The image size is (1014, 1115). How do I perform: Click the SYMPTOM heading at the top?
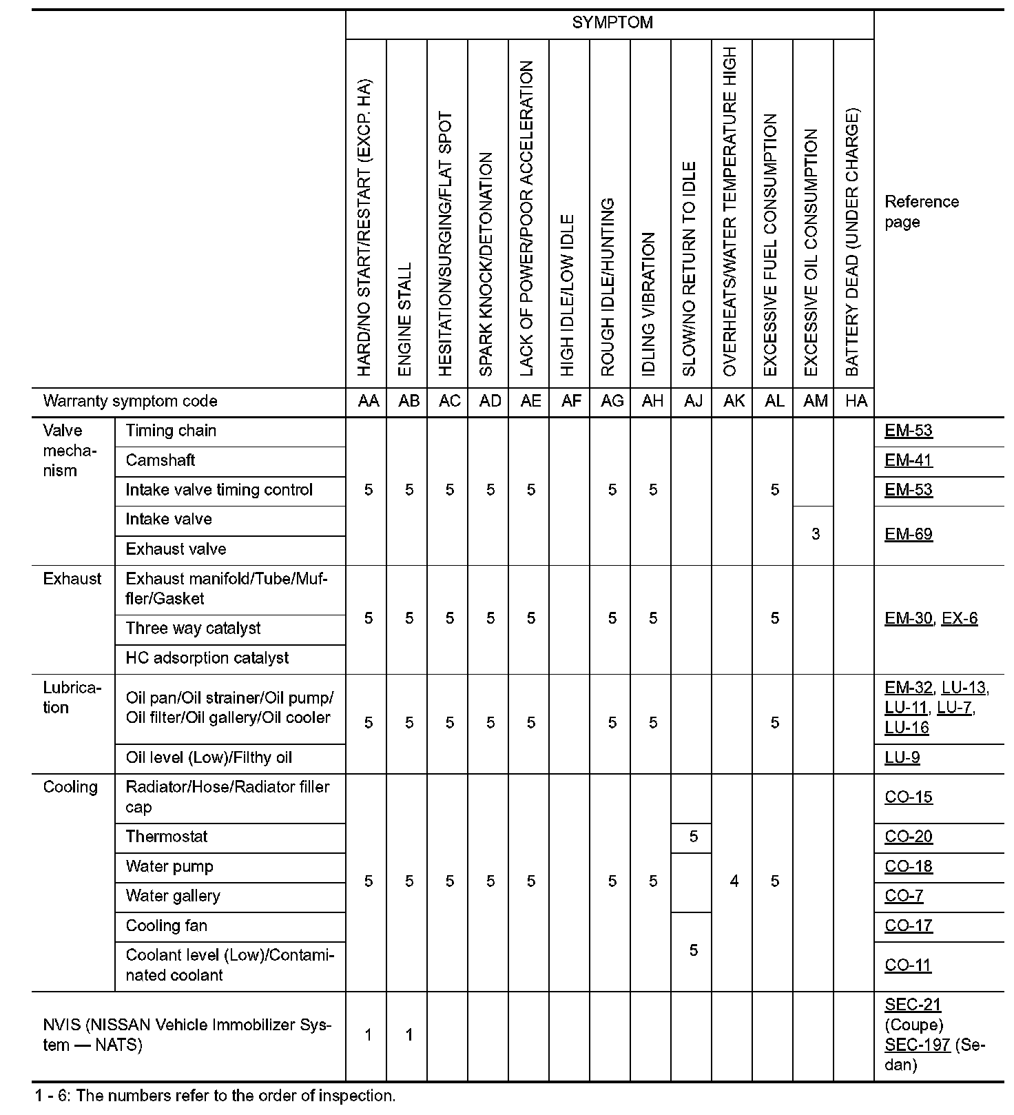click(x=612, y=23)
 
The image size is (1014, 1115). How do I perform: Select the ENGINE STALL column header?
click(x=406, y=318)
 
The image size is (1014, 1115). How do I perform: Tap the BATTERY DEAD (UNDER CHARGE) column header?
click(x=852, y=241)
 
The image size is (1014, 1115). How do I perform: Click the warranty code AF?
click(x=571, y=401)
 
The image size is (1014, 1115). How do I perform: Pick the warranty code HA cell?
click(x=856, y=401)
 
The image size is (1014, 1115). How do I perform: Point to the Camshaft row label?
click(x=161, y=460)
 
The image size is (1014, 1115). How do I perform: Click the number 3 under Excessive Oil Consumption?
click(x=816, y=534)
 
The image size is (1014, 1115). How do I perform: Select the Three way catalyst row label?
click(x=193, y=628)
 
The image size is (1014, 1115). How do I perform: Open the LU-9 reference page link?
click(x=902, y=757)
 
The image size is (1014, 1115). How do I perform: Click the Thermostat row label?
click(x=167, y=837)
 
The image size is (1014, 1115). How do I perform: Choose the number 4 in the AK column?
click(x=734, y=881)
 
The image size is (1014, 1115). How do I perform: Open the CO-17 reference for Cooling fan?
click(x=908, y=925)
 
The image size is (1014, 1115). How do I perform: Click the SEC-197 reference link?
click(x=917, y=1045)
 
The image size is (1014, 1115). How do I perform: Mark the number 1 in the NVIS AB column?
click(x=409, y=1035)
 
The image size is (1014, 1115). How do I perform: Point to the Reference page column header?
click(x=921, y=212)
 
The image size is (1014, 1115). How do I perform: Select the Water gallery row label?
click(x=173, y=896)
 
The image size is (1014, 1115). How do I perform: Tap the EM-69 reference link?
click(x=908, y=534)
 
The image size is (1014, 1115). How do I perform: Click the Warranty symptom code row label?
click(x=130, y=401)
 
